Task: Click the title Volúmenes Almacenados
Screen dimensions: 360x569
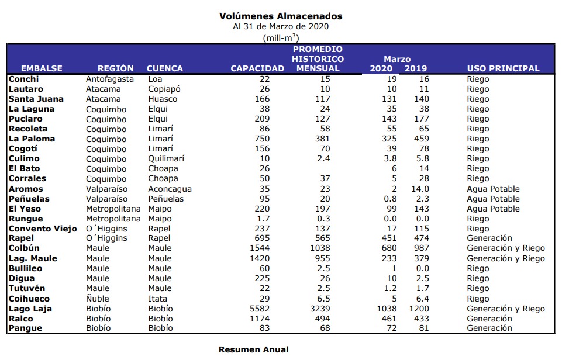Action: pyautogui.click(x=281, y=16)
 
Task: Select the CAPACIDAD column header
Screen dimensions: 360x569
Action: pyautogui.click(x=257, y=68)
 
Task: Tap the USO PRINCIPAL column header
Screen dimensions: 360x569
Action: pyautogui.click(x=503, y=68)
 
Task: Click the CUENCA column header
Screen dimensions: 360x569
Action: pyautogui.click(x=164, y=68)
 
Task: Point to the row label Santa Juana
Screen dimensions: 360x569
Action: pyautogui.click(x=32, y=99)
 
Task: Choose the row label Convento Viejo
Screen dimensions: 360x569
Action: pyautogui.click(x=43, y=229)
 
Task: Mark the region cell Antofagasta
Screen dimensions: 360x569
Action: pyautogui.click(x=110, y=79)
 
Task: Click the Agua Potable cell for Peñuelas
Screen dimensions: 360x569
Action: pyautogui.click(x=493, y=199)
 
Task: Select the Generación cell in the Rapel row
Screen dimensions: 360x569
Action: pyautogui.click(x=489, y=238)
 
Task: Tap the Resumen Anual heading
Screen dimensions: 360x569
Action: pyautogui.click(x=253, y=349)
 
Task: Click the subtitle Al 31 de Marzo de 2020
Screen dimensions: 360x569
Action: pyautogui.click(x=281, y=26)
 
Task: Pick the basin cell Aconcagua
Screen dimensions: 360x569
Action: pyautogui.click(x=170, y=189)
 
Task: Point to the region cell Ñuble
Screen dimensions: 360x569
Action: pyautogui.click(x=97, y=299)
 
